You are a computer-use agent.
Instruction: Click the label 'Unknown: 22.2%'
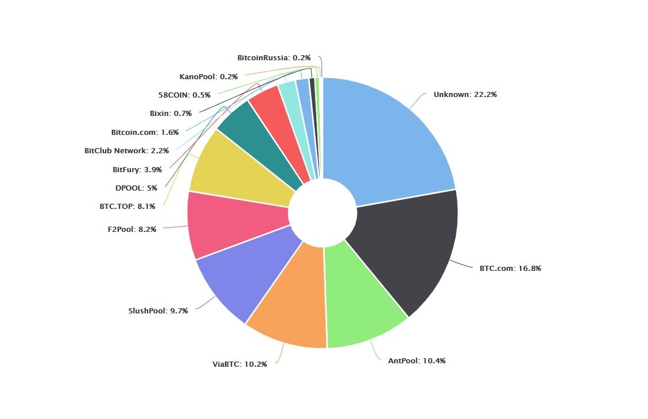tap(465, 95)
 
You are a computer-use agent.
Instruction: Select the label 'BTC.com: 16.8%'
tap(510, 268)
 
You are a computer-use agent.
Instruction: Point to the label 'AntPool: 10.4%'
tap(417, 361)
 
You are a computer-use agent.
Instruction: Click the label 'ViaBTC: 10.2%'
tap(239, 364)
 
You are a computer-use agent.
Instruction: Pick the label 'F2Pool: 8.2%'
tap(131, 229)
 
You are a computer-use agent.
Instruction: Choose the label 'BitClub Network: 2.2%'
tap(126, 151)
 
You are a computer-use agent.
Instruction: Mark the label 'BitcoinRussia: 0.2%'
tap(274, 58)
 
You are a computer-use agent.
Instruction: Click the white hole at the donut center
tap(322, 213)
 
